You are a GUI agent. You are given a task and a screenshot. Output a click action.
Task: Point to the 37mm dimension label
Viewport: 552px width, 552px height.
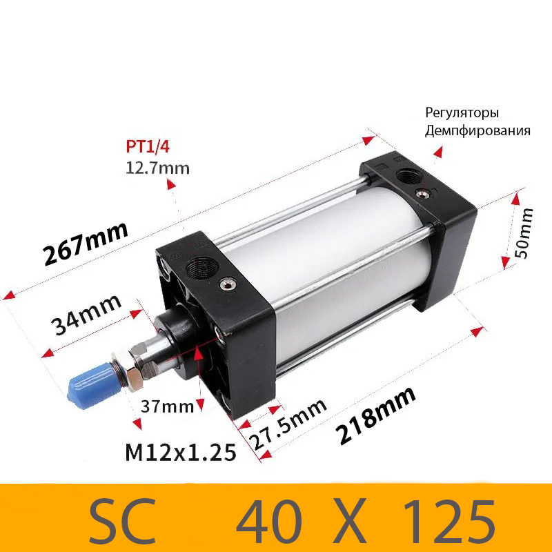pos(167,406)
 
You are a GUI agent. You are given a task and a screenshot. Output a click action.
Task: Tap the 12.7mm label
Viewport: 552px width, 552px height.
pos(157,168)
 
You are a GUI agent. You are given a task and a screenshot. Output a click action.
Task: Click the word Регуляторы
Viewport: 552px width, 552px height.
pos(462,113)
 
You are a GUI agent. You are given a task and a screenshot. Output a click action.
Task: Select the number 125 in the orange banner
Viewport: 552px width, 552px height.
pos(448,517)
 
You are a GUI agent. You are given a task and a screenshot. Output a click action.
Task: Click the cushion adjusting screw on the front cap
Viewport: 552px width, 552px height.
pos(226,284)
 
